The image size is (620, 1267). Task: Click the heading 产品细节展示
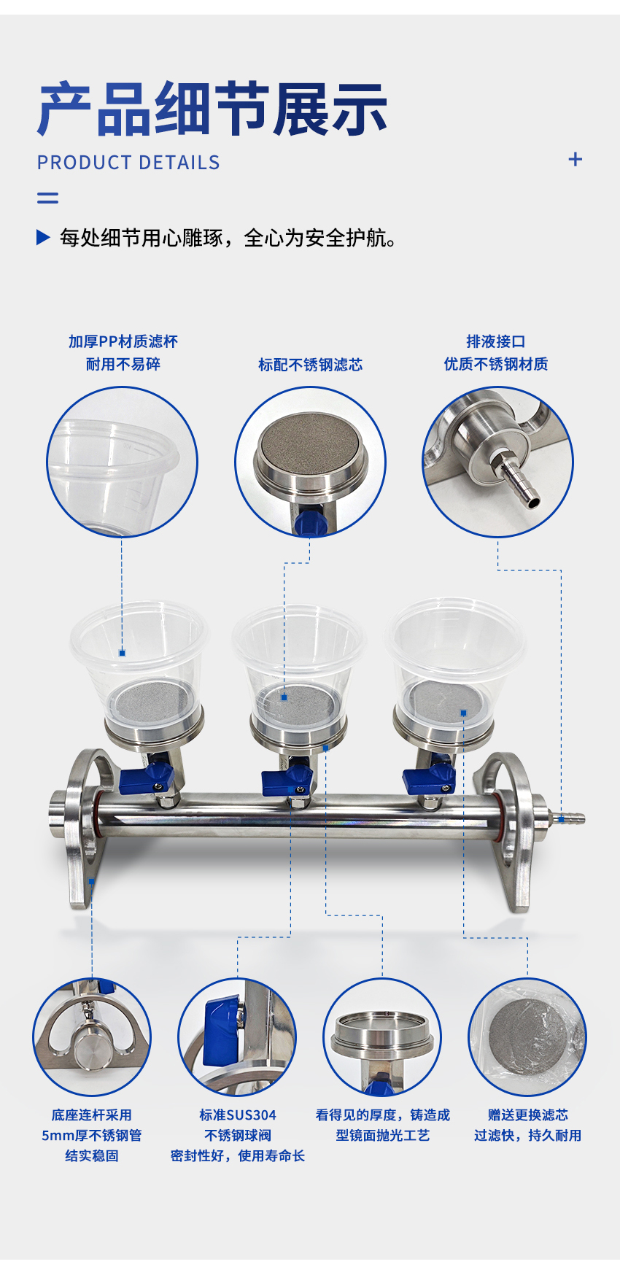212,109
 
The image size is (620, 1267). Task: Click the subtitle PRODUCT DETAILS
128,163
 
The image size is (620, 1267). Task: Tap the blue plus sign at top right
576,159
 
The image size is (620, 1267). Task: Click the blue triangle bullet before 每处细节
43,237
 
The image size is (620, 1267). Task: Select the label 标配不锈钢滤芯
310,365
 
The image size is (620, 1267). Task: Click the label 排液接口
496,341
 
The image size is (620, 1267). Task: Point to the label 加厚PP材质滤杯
123,341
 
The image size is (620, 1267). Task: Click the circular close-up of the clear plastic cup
123,462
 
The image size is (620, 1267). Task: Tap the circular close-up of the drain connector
498,462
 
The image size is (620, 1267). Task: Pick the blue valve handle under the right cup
430,778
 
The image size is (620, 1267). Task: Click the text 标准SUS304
238,1115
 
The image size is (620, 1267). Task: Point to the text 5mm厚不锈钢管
92,1135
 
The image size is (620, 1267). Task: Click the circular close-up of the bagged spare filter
527,1037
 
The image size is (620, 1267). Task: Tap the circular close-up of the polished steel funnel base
382,1037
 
